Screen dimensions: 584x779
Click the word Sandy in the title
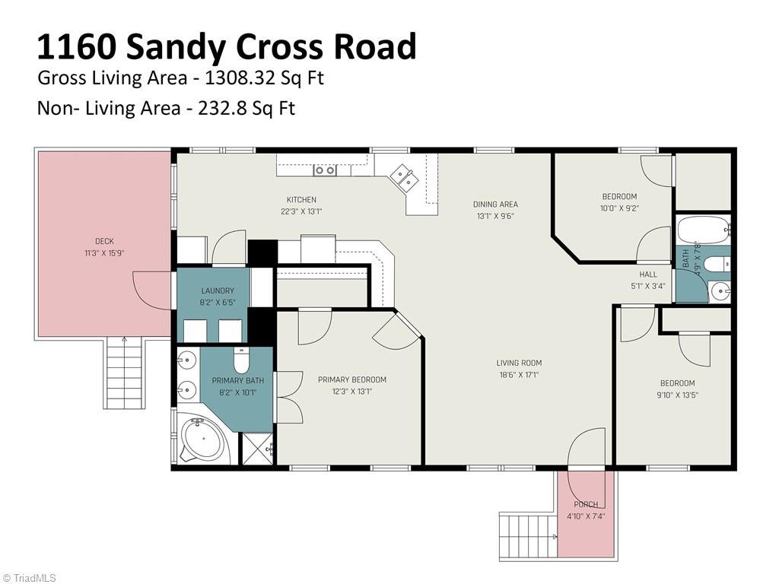[x=176, y=47]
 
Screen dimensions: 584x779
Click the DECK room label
[x=104, y=241]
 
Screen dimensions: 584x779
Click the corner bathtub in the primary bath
[x=203, y=440]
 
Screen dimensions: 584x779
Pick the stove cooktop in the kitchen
[x=325, y=170]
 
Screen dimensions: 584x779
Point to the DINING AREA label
[x=495, y=204]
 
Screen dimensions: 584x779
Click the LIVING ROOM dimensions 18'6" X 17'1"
[x=519, y=374]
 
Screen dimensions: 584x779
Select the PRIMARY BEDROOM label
[x=351, y=379]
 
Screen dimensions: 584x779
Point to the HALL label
[x=648, y=275]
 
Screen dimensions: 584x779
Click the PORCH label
[x=586, y=504]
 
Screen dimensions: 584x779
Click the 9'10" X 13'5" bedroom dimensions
[x=677, y=395]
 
